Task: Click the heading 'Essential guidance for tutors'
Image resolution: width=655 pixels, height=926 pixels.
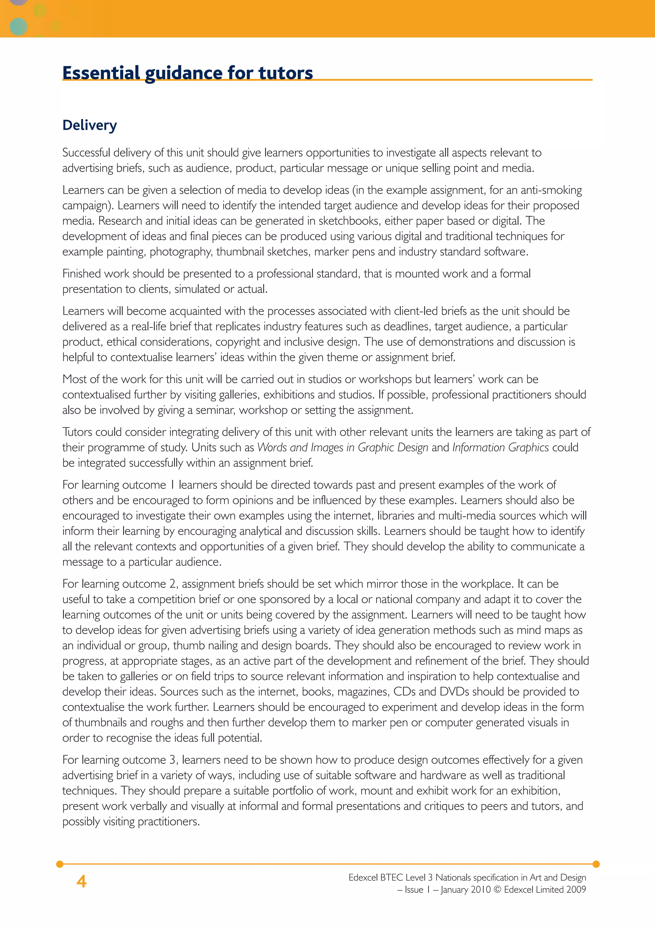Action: point(187,73)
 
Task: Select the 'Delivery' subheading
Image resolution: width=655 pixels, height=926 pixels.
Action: point(90,125)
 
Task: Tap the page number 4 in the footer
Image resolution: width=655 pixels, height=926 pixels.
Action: point(82,882)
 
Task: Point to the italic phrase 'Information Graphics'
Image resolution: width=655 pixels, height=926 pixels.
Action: point(500,447)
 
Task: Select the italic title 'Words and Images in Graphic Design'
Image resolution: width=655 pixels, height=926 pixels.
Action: point(343,447)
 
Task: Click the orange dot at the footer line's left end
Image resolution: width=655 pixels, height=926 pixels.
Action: point(60,864)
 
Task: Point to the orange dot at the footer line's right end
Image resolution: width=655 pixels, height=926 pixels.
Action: point(596,864)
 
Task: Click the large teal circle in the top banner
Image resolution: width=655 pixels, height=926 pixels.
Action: point(18,27)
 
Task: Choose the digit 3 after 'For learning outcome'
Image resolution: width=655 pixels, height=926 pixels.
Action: point(172,760)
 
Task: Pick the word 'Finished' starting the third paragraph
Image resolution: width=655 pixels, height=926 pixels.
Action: point(82,273)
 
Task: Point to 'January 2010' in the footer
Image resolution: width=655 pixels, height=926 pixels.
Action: point(465,889)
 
